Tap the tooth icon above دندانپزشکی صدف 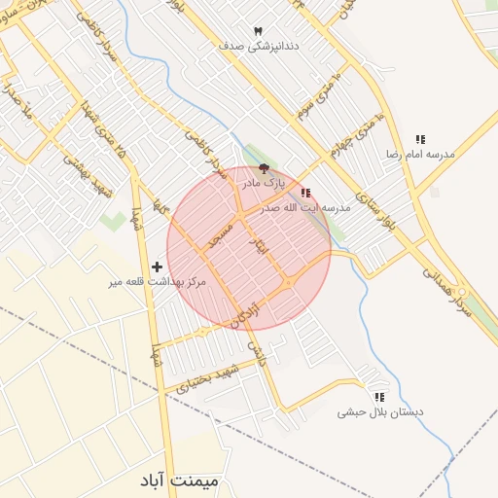click(258, 32)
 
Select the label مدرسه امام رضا click(420, 155)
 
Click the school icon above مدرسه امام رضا click(420, 140)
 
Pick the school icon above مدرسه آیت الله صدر click(306, 194)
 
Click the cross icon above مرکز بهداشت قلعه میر click(158, 266)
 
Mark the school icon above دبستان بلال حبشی click(379, 397)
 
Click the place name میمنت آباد click(180, 481)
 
